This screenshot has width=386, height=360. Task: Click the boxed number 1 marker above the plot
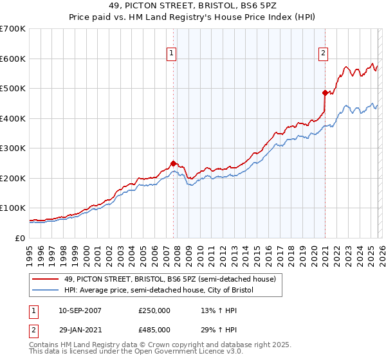[x=172, y=54]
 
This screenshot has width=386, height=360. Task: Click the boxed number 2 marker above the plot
[x=323, y=54]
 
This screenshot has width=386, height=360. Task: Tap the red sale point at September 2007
[x=173, y=163]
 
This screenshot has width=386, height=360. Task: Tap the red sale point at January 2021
[x=325, y=93]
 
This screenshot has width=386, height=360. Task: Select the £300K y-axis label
[x=13, y=148]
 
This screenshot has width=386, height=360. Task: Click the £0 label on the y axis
[x=20, y=238]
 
